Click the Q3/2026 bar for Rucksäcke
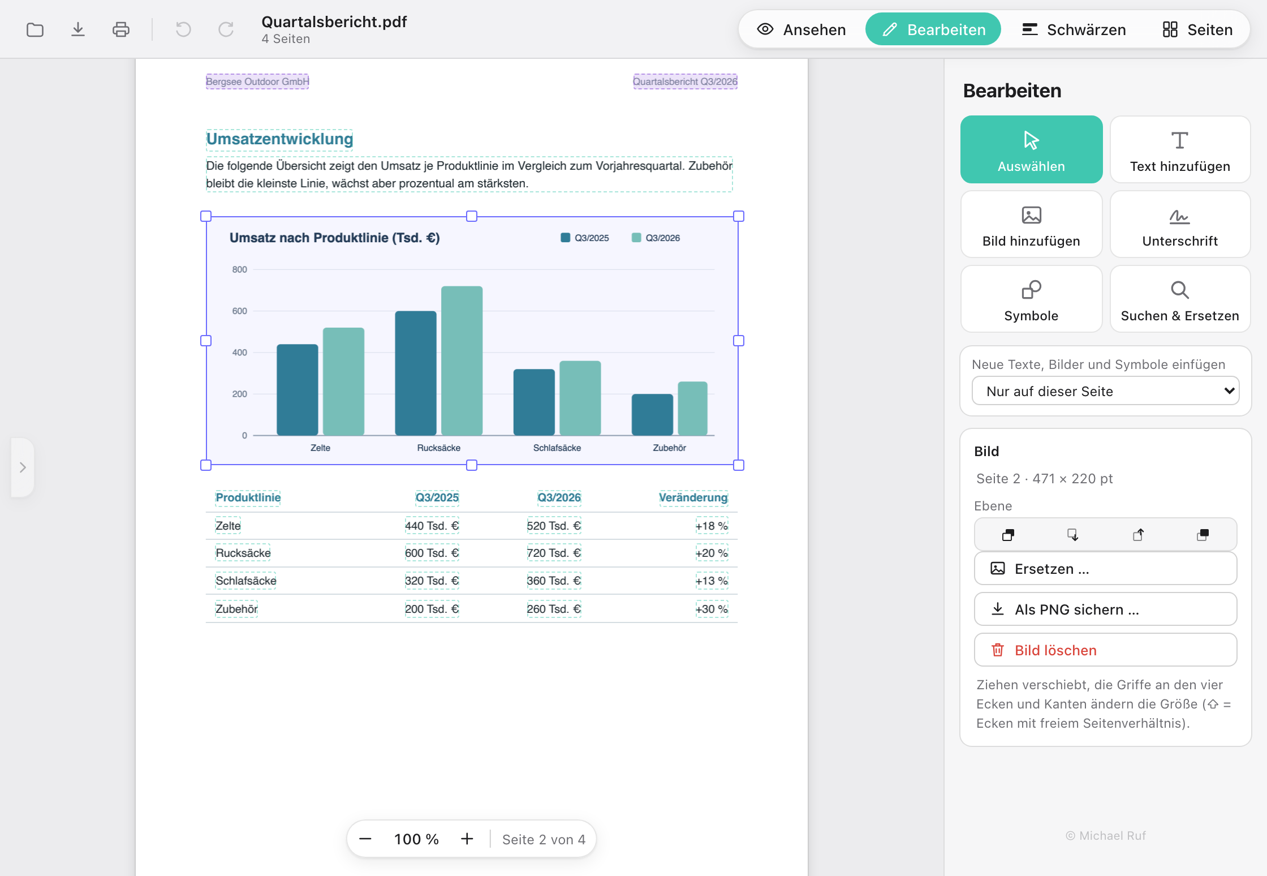pos(462,360)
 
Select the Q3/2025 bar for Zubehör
pos(652,414)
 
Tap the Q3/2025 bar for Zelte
pos(298,389)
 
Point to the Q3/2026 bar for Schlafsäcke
pos(580,398)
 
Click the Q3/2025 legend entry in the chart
pos(584,238)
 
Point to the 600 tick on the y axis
pos(240,311)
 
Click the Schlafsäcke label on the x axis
pos(557,448)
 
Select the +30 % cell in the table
pos(712,609)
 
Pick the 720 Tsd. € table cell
pos(554,553)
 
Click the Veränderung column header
pos(693,497)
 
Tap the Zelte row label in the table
pos(228,526)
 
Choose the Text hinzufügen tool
pos(1180,149)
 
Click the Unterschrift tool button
pos(1180,224)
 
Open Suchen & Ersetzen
pos(1180,299)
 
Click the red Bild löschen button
pos(1105,650)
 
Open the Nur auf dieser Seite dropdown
pos(1105,391)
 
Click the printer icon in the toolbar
pos(121,29)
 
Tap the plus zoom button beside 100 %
pos(467,839)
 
